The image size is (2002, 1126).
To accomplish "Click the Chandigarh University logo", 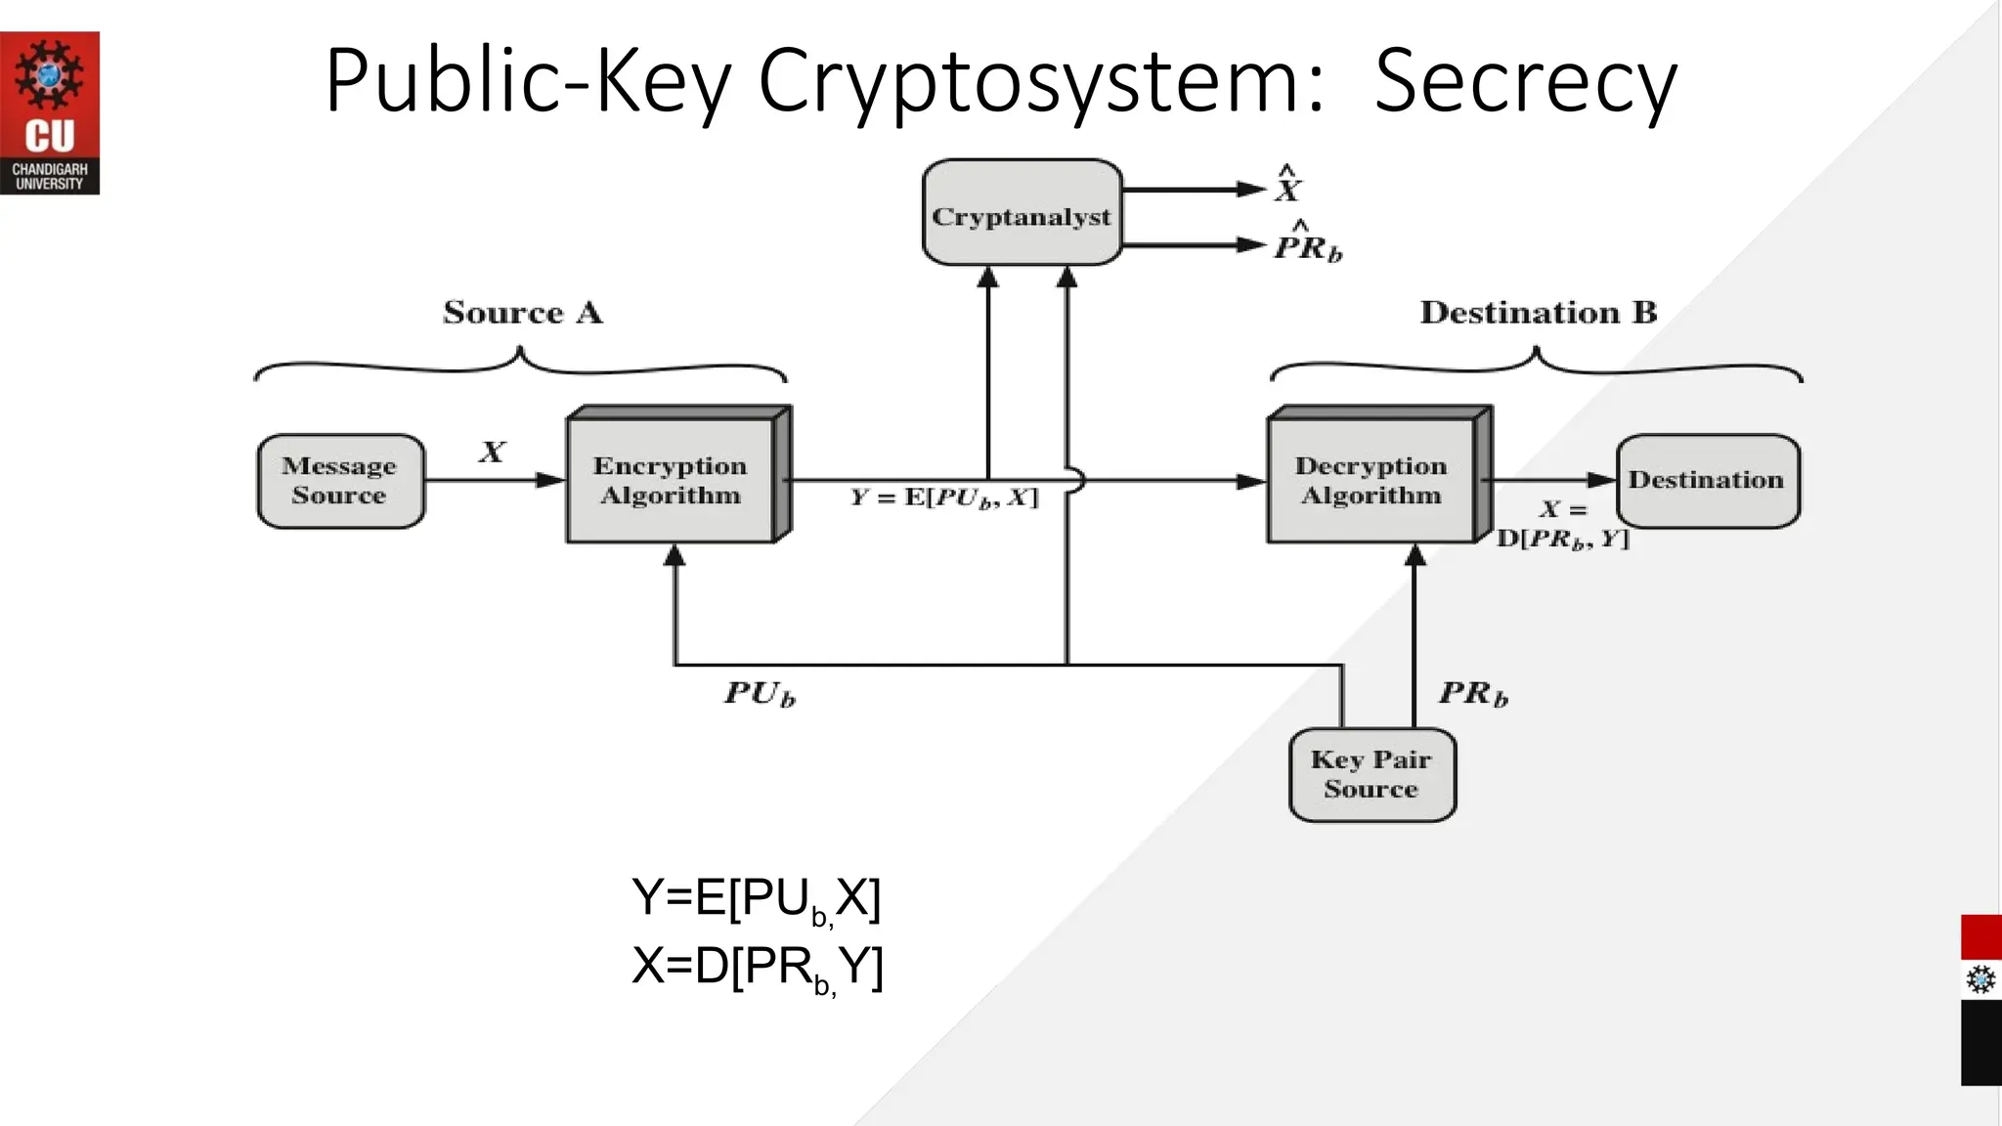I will (x=49, y=112).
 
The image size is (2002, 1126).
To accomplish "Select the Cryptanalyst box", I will (x=1022, y=213).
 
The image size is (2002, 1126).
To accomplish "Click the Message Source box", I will (x=340, y=481).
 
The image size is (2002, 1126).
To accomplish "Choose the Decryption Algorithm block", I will (x=1371, y=480).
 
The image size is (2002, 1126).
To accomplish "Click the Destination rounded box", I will (x=1707, y=480).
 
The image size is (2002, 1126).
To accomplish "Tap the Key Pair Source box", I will (x=1371, y=774).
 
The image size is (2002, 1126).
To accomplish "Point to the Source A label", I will (x=523, y=313).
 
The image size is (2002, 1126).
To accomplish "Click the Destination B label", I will (x=1538, y=313).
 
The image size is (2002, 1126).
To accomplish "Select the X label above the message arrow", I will (x=492, y=452).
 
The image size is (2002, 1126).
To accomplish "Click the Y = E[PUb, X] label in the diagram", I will (x=943, y=498).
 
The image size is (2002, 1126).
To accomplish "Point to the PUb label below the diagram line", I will (x=760, y=693).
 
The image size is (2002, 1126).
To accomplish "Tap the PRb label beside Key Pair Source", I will (x=1473, y=693).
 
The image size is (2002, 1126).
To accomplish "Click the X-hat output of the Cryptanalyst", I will (x=1288, y=186).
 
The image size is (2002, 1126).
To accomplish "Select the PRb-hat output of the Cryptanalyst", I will (x=1308, y=244).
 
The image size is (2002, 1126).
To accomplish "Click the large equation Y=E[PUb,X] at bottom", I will (x=757, y=897).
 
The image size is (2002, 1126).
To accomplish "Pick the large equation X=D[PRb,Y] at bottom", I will (x=758, y=967).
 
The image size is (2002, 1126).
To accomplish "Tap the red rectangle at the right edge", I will (x=1980, y=936).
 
